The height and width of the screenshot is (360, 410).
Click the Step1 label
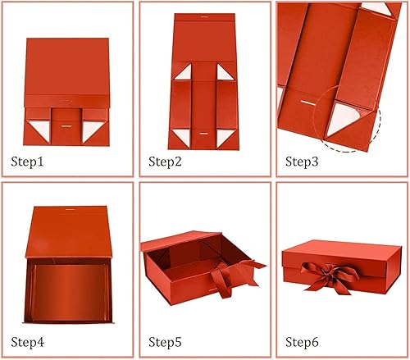pyautogui.click(x=27, y=162)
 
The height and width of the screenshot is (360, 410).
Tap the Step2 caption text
pyautogui.click(x=165, y=162)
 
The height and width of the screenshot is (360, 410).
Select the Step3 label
pyautogui.click(x=302, y=162)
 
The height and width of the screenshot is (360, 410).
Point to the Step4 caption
pyautogui.click(x=28, y=342)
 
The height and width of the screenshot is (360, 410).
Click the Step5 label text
pyautogui.click(x=165, y=342)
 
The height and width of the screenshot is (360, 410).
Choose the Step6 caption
pyautogui.click(x=302, y=342)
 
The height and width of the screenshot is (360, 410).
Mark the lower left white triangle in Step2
pyautogui.click(x=183, y=138)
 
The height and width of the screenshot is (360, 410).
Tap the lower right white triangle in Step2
pyautogui.click(x=224, y=138)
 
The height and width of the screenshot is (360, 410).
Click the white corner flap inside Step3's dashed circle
pyautogui.click(x=344, y=118)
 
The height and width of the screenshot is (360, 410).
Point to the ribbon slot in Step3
pyautogui.click(x=309, y=103)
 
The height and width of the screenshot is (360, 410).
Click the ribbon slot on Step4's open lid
pyautogui.click(x=70, y=209)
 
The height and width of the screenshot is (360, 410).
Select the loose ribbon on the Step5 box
pyautogui.click(x=233, y=277)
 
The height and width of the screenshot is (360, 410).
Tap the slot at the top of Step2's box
pyautogui.click(x=203, y=17)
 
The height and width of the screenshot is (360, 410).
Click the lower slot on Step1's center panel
pyautogui.click(x=66, y=126)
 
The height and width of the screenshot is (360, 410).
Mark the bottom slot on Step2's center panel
pyautogui.click(x=203, y=134)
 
